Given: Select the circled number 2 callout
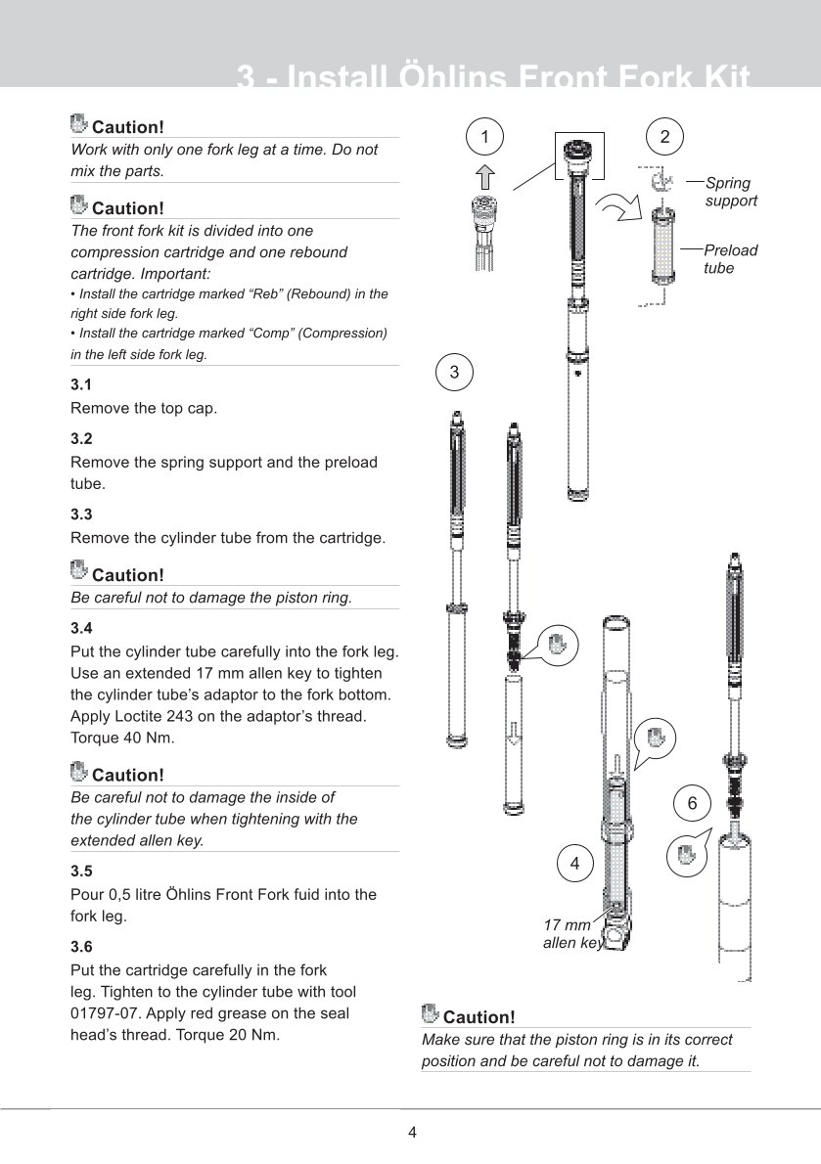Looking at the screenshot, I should (x=665, y=136).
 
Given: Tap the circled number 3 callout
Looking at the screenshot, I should (x=454, y=372).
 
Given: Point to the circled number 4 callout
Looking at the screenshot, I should (x=574, y=864).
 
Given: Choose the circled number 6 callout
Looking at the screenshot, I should (x=692, y=804).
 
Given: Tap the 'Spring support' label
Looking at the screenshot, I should (x=731, y=192).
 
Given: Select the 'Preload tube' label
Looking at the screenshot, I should (x=730, y=258).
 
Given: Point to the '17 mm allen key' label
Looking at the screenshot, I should (x=570, y=934).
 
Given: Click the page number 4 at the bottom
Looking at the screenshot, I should (x=412, y=1133).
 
